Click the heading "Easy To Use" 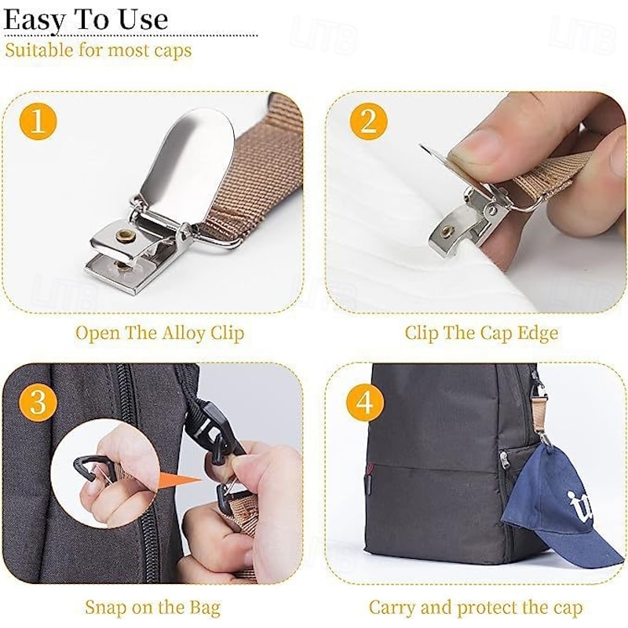tap(86, 19)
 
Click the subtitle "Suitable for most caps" tap(98, 52)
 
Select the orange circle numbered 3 tap(38, 403)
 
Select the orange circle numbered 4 tap(366, 404)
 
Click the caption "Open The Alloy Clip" tap(159, 333)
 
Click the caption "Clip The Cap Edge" tap(481, 333)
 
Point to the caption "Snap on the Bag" tap(152, 608)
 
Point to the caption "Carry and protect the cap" tap(476, 608)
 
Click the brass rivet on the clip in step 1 tap(123, 235)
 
